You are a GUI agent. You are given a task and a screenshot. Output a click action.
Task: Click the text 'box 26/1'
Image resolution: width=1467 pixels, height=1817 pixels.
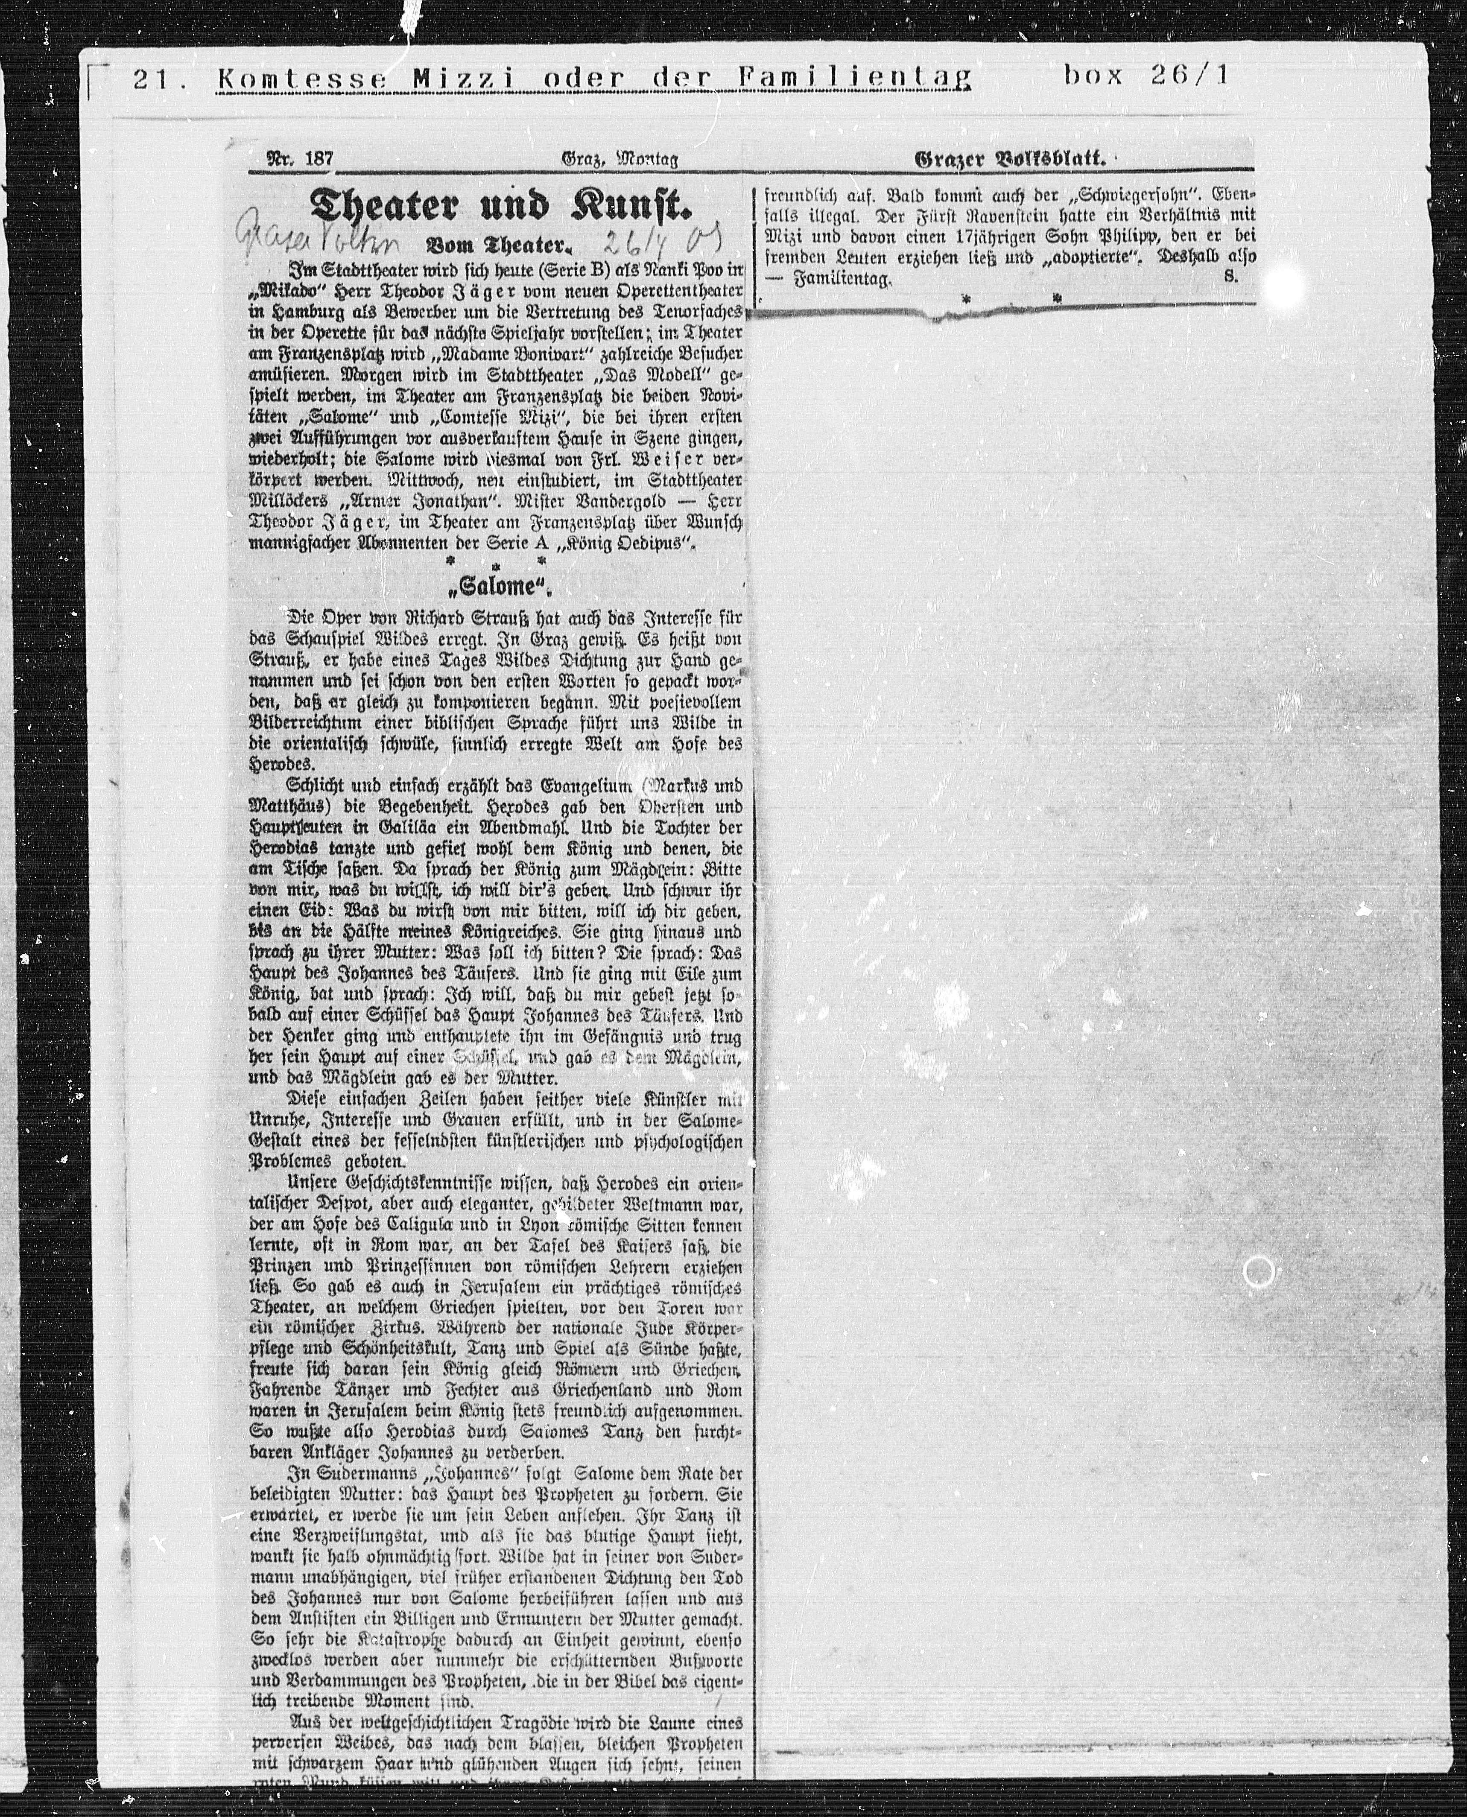[1147, 76]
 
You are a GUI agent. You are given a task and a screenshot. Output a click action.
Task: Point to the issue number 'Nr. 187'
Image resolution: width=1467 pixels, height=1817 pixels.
[300, 158]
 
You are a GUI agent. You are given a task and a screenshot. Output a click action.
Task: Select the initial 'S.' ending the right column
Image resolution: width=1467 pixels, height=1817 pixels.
[1230, 276]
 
